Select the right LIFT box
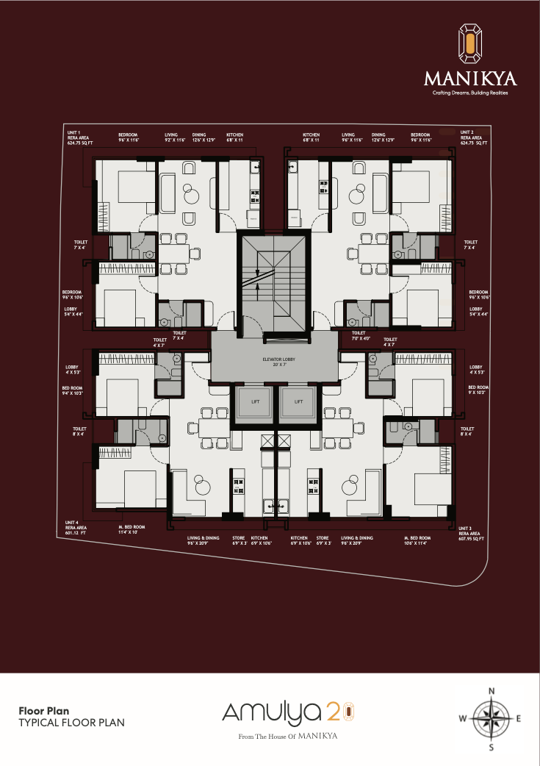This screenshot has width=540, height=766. [x=298, y=402]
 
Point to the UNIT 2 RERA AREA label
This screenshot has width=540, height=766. [x=473, y=137]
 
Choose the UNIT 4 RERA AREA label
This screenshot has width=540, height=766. [x=76, y=528]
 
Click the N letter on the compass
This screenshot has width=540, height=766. [x=492, y=690]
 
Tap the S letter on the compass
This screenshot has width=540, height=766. [x=492, y=748]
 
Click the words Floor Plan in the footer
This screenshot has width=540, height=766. [x=43, y=711]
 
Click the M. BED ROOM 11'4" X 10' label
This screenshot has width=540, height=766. [x=132, y=530]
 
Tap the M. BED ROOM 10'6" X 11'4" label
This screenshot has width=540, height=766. [x=416, y=541]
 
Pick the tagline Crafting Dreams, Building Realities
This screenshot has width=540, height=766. [x=469, y=93]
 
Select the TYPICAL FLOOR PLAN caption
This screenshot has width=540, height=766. [x=71, y=723]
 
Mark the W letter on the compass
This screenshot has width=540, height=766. [x=462, y=719]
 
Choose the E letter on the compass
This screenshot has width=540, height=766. [x=519, y=719]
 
